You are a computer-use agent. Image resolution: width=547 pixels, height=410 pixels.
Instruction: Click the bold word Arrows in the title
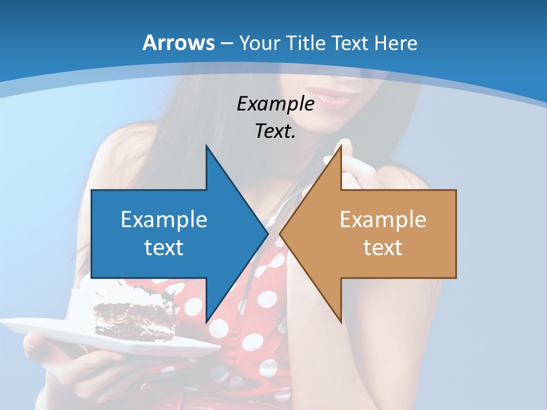click(179, 43)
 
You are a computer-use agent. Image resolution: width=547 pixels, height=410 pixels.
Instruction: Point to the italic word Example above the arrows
click(275, 104)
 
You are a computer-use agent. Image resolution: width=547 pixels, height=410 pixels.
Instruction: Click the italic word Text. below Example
click(275, 132)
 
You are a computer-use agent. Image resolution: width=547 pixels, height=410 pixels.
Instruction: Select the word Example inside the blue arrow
click(164, 219)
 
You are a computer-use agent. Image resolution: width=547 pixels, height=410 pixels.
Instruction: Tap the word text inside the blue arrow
click(164, 247)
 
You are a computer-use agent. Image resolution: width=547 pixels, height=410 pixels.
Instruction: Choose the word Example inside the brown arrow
click(383, 219)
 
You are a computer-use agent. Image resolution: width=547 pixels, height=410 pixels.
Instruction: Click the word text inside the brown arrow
click(383, 247)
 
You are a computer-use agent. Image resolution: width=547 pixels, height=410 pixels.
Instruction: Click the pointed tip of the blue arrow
click(268, 233)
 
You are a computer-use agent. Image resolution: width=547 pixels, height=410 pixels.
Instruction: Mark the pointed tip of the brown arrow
click(280, 233)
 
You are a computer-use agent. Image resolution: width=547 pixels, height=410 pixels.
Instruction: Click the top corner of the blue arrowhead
click(206, 145)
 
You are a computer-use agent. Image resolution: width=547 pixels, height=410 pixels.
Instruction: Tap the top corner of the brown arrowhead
click(341, 145)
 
